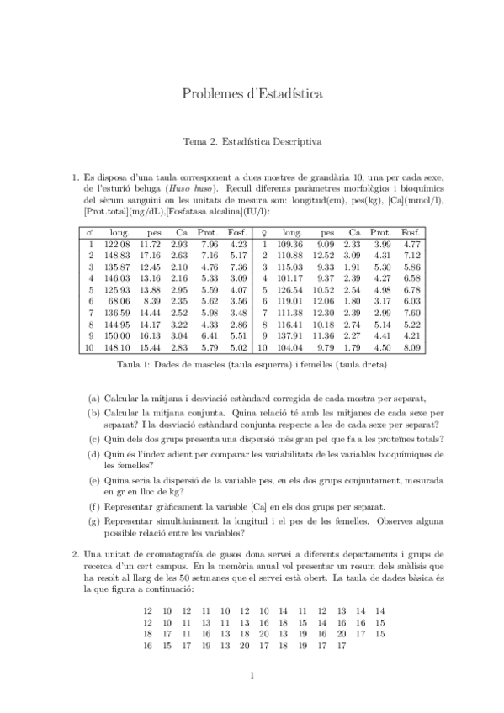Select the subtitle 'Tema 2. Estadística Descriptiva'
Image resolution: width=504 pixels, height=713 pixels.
(252, 142)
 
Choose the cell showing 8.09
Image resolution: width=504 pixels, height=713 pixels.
(410, 345)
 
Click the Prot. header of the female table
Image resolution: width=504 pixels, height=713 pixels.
(381, 232)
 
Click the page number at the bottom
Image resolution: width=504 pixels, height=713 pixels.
(252, 675)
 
